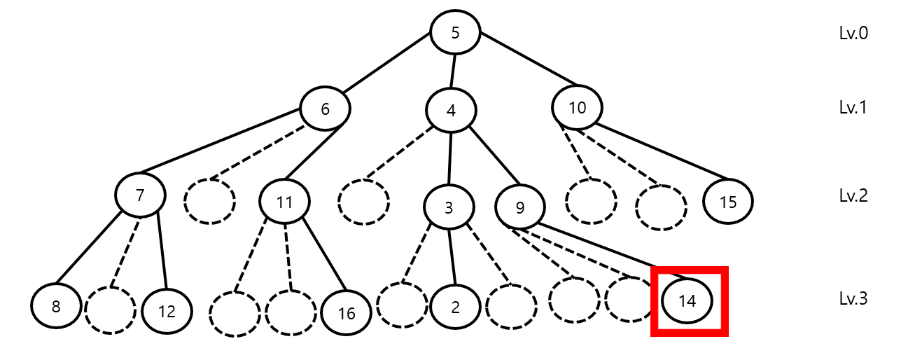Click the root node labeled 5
tap(455, 33)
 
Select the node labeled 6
tap(325, 109)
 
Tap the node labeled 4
tap(452, 111)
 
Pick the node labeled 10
tap(577, 107)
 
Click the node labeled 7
tap(140, 195)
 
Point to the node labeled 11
tap(284, 202)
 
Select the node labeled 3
tap(449, 207)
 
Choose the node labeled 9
tap(519, 206)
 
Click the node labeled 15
tap(727, 202)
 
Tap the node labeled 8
tap(56, 307)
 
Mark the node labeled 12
tap(167, 310)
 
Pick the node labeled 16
tap(347, 313)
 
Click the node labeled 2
tap(455, 307)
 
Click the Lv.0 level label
tap(853, 33)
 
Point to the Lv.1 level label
tap(853, 107)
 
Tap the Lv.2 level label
tap(853, 195)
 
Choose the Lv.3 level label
tap(853, 299)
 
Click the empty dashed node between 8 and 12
tap(110, 309)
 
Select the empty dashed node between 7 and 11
tap(209, 202)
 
